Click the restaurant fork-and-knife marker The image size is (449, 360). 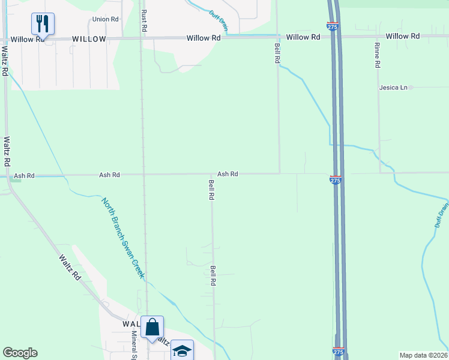click(43, 24)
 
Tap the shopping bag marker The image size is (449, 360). click(152, 328)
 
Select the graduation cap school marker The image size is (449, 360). click(182, 350)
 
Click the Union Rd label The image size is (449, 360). click(105, 19)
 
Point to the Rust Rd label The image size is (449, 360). click(144, 20)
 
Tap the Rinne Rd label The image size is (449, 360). click(378, 55)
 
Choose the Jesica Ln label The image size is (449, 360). click(393, 88)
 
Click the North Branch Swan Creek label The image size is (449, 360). click(123, 238)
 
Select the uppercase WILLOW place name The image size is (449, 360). click(89, 39)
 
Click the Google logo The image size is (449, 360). click(20, 353)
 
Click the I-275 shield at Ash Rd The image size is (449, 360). click(336, 179)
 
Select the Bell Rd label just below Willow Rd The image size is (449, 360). click(277, 53)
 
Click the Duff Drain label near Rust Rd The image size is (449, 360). click(218, 20)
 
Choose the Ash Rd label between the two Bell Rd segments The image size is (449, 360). click(228, 174)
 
